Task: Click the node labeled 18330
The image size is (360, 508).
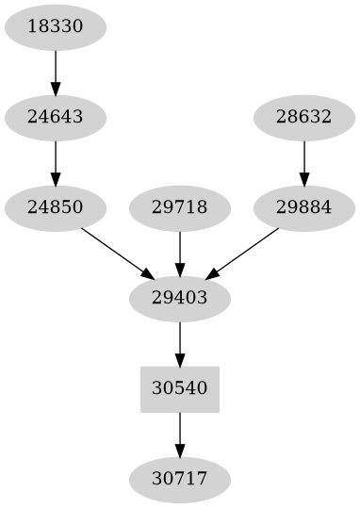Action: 56,27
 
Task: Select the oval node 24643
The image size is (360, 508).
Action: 56,118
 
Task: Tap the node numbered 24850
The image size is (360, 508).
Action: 56,207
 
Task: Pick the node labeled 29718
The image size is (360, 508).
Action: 179,207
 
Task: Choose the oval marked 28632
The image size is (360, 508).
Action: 303,118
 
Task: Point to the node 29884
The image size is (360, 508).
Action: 303,207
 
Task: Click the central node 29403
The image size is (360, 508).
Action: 179,298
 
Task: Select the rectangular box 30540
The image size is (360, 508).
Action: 179,388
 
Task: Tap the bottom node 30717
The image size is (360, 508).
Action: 179,479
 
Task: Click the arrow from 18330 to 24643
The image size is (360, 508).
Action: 56,72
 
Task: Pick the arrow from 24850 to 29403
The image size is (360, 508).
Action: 117,252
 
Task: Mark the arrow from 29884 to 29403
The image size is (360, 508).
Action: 242,252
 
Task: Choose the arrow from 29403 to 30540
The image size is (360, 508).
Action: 179,342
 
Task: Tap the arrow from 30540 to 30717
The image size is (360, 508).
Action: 179,433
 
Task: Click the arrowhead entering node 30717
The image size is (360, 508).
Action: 179,450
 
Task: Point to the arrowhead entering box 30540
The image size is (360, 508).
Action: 179,359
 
